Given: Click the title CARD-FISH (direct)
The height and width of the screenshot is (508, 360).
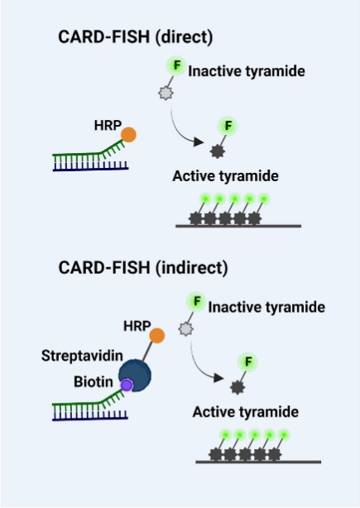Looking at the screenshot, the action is click(x=136, y=37).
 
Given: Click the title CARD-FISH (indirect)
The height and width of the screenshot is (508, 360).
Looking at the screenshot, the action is click(x=143, y=268).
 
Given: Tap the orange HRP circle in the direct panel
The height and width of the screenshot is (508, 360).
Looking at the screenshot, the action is click(x=128, y=135).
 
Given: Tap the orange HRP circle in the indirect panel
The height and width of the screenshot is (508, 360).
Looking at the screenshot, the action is click(x=157, y=336).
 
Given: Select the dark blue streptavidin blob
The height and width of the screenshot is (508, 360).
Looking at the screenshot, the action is click(x=136, y=374).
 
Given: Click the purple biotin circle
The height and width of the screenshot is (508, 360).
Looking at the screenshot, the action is click(x=127, y=386).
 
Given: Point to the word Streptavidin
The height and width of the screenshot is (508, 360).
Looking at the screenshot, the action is click(x=82, y=356).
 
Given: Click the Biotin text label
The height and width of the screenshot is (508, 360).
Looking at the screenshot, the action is click(x=94, y=381).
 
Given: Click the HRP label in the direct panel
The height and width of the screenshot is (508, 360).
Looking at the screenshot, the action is click(x=108, y=126).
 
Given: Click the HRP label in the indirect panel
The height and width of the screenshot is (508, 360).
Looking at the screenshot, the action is click(x=137, y=326).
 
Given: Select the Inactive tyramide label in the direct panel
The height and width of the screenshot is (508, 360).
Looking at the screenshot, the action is click(x=247, y=71).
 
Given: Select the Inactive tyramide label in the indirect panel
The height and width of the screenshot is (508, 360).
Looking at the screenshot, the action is click(x=266, y=308).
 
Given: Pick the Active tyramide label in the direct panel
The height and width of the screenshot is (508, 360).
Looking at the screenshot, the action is click(x=226, y=176).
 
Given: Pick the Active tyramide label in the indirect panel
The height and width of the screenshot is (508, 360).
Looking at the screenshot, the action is click(x=246, y=412).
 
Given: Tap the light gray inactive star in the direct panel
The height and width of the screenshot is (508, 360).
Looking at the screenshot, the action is click(x=166, y=93).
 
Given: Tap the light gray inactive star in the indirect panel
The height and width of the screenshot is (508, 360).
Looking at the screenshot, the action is click(x=185, y=329).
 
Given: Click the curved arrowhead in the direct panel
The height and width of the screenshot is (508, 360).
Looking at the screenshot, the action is click(x=199, y=141).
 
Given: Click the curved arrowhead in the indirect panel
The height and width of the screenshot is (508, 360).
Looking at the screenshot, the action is click(x=218, y=378).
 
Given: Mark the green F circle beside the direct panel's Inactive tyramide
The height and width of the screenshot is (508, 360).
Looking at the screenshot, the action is click(x=176, y=65).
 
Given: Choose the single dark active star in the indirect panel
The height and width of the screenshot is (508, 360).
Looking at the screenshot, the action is click(x=238, y=387).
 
